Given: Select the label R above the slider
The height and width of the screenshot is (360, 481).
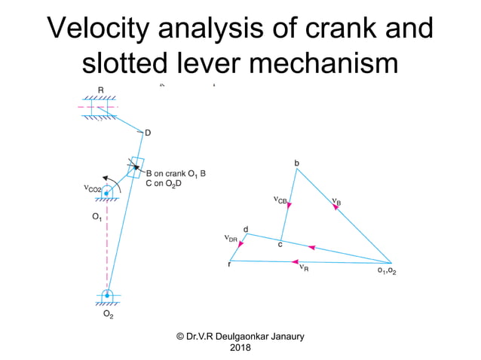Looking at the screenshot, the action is [x=100, y=90].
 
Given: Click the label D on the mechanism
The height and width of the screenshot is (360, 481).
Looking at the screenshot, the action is [x=148, y=133].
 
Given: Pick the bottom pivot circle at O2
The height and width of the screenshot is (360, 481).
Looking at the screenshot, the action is [x=108, y=294].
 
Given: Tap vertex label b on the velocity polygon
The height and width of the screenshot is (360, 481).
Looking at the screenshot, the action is [x=296, y=163].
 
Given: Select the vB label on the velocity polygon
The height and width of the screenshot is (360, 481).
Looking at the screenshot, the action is [x=336, y=202].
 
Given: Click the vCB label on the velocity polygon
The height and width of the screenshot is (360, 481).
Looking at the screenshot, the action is [x=280, y=200].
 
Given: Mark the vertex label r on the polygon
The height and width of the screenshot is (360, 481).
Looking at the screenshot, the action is [x=229, y=264].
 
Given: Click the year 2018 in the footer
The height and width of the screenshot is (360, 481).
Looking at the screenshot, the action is [x=240, y=347].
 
